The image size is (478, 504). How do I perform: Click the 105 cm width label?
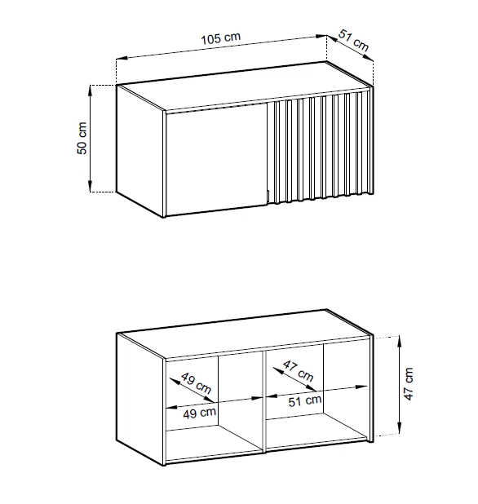pos(220,38)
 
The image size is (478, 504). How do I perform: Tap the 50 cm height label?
pos(82,138)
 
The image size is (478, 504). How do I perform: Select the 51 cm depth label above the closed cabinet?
pos(353,40)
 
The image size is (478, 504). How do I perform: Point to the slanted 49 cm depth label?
pos(196,383)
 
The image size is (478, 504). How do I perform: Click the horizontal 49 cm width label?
pos(199,413)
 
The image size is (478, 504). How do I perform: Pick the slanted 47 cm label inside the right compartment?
pos(298,370)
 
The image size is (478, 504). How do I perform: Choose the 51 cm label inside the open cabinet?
pos(305,400)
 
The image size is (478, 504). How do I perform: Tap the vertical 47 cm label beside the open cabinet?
pos(408,384)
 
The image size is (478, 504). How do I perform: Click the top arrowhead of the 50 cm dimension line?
pos(91,91)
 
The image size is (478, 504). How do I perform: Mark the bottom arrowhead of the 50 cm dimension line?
pos(91,187)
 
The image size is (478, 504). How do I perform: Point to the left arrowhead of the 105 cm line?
pos(122,58)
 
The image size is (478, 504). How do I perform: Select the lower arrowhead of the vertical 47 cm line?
pos(399,428)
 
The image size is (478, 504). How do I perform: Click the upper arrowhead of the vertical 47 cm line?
pos(399,341)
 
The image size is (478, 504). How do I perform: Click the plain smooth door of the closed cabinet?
pos(216,159)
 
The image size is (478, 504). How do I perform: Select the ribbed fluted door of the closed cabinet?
pos(318,148)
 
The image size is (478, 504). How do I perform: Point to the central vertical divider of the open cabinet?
pos(264,402)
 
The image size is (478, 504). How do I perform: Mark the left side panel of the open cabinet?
pos(140,400)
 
